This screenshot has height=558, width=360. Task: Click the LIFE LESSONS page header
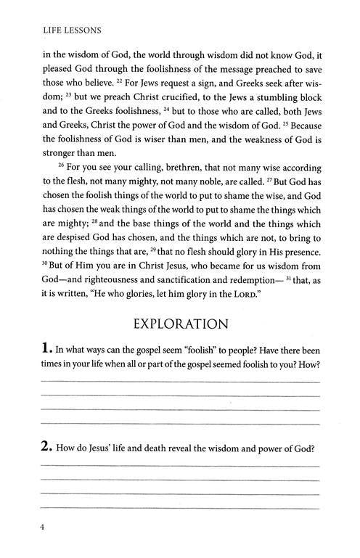coord(64,30)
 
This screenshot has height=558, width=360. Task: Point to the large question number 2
coord(46,447)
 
